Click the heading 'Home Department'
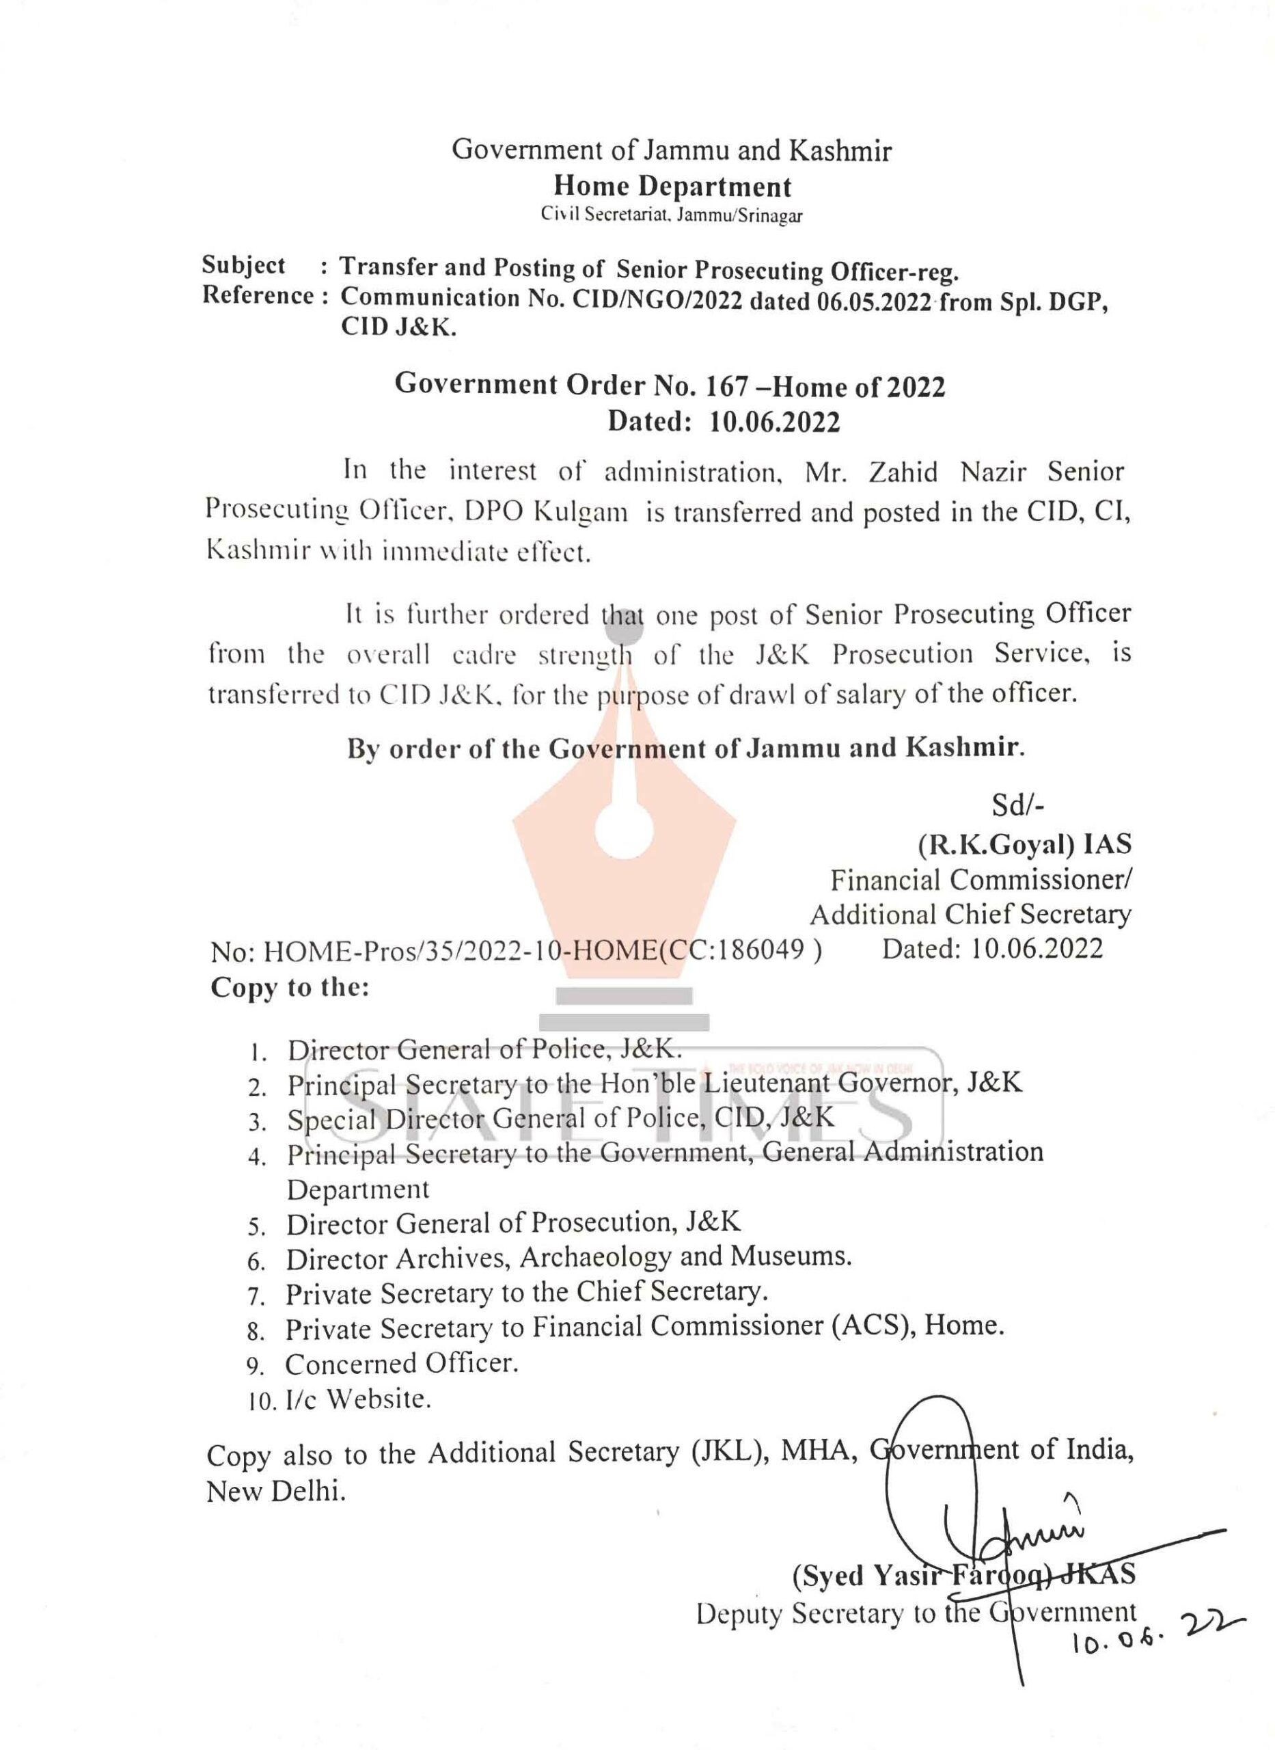pyautogui.click(x=672, y=186)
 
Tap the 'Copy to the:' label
pyautogui.click(x=290, y=987)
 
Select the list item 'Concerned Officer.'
pyautogui.click(x=401, y=1364)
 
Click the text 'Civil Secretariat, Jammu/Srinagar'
pyautogui.click(x=672, y=215)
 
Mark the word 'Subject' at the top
pyautogui.click(x=243, y=265)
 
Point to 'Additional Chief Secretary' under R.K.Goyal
pyautogui.click(x=970, y=914)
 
